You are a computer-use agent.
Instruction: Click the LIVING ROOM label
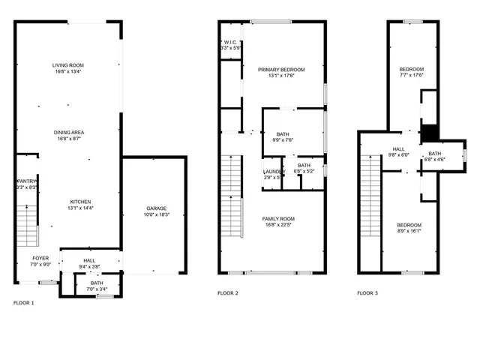point(67,66)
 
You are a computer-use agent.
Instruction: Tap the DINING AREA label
point(67,132)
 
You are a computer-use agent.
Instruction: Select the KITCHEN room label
point(80,202)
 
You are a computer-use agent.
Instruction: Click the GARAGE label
point(156,208)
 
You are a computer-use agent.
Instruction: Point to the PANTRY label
point(26,181)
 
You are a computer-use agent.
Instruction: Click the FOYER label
point(40,258)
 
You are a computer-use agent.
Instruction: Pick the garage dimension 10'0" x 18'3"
point(156,215)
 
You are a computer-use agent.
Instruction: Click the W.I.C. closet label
point(231,42)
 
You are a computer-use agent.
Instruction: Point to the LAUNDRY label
point(273,172)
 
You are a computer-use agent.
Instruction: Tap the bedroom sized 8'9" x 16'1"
point(409,225)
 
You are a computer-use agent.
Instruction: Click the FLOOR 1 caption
point(24,303)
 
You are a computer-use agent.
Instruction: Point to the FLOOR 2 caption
point(228,293)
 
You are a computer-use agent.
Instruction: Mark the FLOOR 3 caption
point(367,293)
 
